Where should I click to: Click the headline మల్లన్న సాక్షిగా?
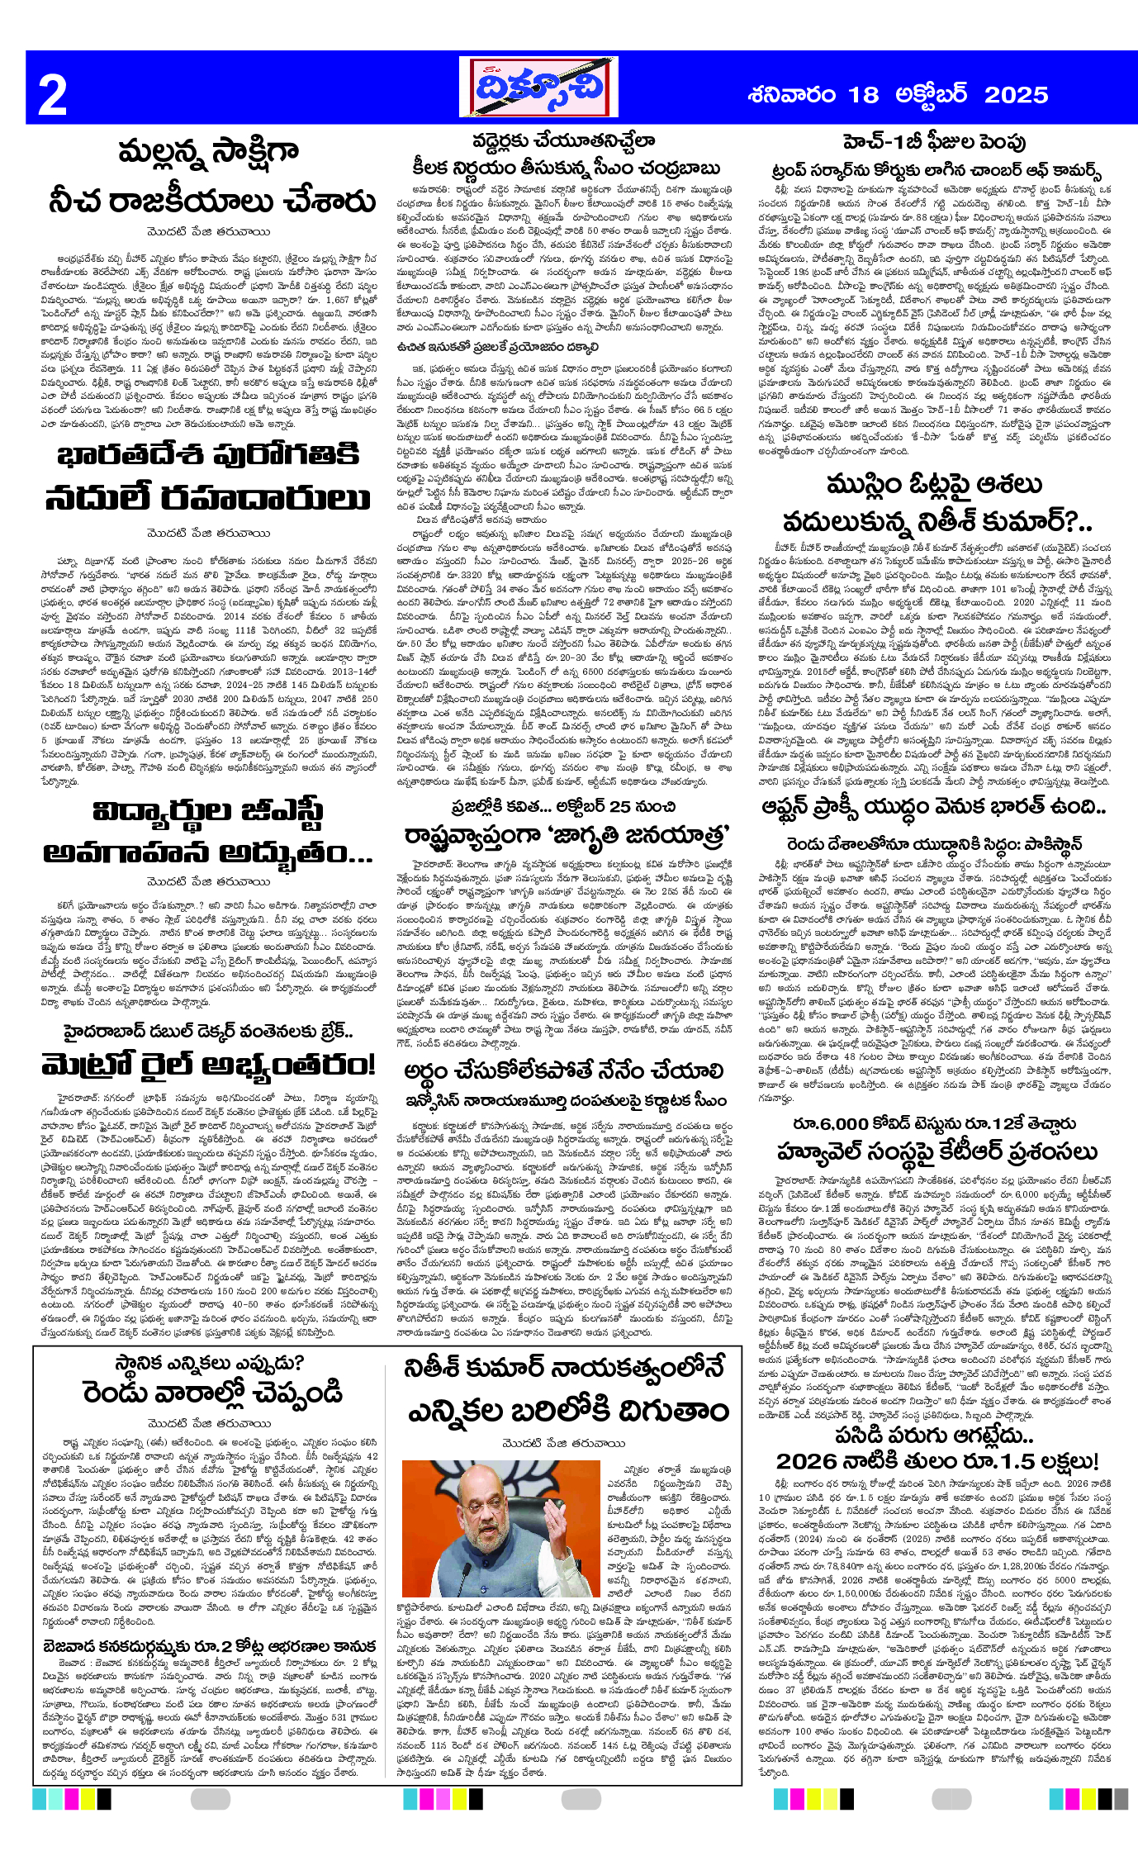click(208, 154)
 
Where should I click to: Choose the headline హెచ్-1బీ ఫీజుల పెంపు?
click(934, 143)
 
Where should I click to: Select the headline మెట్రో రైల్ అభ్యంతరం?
click(208, 1066)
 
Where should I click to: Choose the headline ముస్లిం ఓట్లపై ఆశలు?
click(934, 485)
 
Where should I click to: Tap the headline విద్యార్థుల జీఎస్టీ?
click(208, 812)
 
